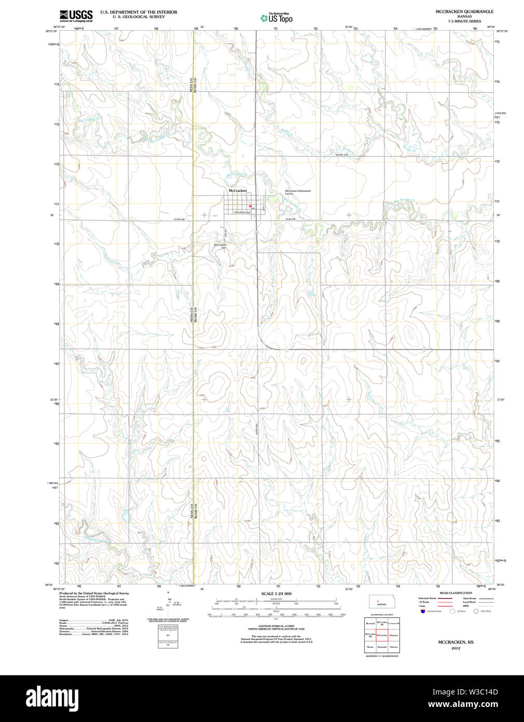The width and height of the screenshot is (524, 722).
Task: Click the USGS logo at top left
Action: click(x=76, y=16)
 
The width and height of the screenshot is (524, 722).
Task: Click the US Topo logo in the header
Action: click(x=277, y=18)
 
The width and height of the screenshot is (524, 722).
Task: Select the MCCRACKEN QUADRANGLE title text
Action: click(x=464, y=11)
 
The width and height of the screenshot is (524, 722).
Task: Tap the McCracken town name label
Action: click(x=238, y=191)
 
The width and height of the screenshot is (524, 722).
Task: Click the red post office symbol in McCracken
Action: click(x=250, y=206)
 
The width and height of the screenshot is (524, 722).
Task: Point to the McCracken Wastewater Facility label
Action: click(x=298, y=192)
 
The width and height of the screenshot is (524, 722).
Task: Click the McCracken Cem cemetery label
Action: click(x=220, y=246)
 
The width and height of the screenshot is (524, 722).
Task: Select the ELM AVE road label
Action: click(x=289, y=219)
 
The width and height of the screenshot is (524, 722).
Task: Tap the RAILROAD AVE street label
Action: click(x=242, y=212)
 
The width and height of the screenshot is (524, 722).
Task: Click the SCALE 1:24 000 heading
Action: click(x=276, y=594)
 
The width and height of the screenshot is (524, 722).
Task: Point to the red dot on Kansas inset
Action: click(x=378, y=602)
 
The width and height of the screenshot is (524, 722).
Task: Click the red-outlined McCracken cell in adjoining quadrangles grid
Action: click(x=382, y=635)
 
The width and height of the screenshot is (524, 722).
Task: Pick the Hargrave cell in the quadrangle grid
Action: click(x=394, y=635)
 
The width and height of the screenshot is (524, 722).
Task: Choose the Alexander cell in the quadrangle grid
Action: click(x=382, y=647)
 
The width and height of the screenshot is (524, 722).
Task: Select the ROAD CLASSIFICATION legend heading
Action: click(x=456, y=593)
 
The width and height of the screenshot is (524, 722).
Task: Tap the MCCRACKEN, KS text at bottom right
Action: click(x=456, y=642)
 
